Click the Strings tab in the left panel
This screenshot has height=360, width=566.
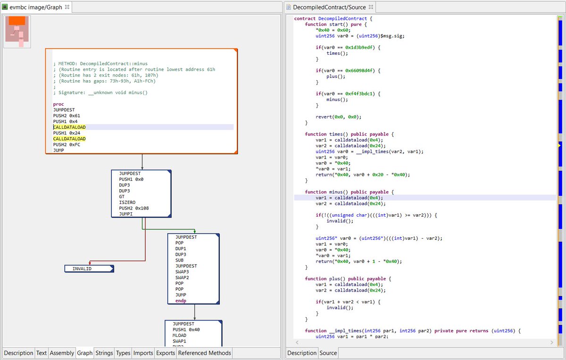click(104, 353)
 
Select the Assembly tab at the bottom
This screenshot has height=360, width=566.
click(62, 353)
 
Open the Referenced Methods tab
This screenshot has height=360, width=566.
click(205, 353)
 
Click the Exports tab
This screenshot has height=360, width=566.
click(166, 353)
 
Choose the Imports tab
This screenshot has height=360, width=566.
click(143, 353)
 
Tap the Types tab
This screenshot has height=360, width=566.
click(123, 353)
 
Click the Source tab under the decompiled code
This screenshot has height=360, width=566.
click(328, 353)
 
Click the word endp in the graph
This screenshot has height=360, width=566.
click(181, 301)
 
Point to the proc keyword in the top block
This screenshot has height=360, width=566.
click(58, 104)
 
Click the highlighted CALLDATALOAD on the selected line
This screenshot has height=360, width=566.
click(69, 127)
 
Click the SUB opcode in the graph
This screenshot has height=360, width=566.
click(180, 260)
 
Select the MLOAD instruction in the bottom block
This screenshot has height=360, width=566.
click(180, 335)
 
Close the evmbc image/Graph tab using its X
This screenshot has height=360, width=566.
click(67, 7)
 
